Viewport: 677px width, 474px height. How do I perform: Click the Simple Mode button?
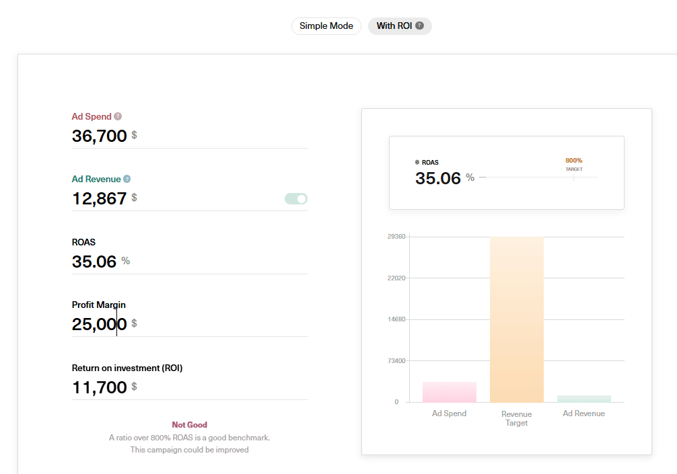(326, 26)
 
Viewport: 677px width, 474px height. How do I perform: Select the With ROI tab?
(400, 26)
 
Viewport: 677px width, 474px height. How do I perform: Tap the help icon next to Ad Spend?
(118, 116)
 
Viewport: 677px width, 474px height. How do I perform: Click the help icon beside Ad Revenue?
(127, 180)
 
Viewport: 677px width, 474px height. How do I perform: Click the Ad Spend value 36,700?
(100, 136)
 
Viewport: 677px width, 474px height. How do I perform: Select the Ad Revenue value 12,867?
(100, 198)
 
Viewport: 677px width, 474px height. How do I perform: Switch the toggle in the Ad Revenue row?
(296, 198)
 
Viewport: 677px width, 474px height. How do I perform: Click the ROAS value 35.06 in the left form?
(94, 262)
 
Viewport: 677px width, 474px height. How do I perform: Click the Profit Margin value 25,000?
(100, 324)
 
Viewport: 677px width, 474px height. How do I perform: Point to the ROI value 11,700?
(100, 387)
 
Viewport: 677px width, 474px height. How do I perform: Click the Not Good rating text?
(190, 425)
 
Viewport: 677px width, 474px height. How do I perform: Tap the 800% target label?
(574, 161)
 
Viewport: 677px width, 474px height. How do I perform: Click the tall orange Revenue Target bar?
(517, 319)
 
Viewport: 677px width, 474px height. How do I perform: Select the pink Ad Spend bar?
(450, 392)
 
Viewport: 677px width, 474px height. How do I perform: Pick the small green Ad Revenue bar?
(584, 399)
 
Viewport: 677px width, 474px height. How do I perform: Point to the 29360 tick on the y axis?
(396, 237)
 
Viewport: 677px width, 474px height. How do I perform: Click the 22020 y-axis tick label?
(396, 278)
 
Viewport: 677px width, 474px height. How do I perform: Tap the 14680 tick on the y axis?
(396, 319)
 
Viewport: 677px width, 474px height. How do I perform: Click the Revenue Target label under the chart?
(517, 418)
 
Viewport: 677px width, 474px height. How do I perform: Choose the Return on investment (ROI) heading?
(127, 368)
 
